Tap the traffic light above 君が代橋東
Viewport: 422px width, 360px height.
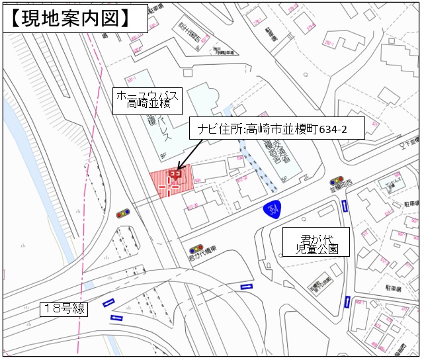[196, 249]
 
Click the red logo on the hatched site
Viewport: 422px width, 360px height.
[175, 175]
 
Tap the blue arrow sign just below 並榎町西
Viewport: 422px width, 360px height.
[345, 206]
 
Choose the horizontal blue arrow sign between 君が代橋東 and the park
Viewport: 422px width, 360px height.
[246, 287]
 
